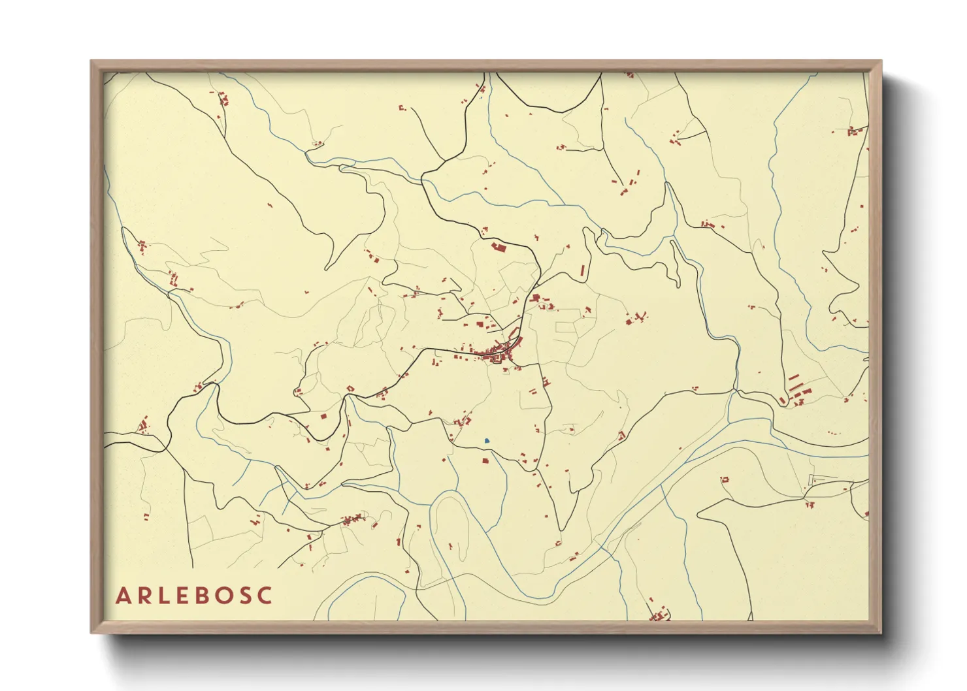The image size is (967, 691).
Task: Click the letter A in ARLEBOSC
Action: tap(123, 596)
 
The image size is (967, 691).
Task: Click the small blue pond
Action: tap(487, 441)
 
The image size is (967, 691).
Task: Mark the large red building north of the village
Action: tap(499, 247)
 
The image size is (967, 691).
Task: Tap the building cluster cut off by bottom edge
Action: tap(660, 615)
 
